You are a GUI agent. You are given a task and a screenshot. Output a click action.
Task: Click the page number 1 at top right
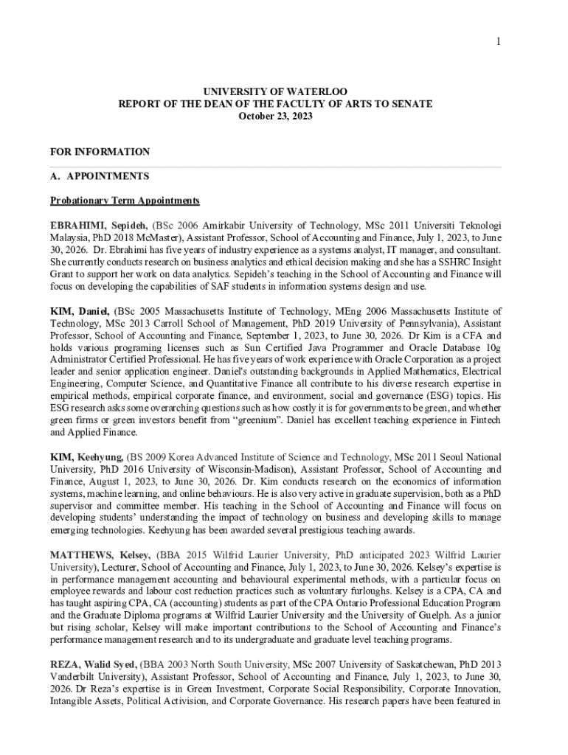click(x=498, y=42)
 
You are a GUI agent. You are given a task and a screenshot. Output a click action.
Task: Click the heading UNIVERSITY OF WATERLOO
click(x=275, y=91)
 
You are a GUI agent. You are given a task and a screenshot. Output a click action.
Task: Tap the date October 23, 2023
click(x=275, y=116)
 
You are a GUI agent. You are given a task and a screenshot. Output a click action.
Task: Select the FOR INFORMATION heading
click(x=100, y=152)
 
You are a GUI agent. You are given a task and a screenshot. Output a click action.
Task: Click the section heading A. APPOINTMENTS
click(x=100, y=176)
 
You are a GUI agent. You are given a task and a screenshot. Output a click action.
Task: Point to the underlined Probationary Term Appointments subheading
click(x=125, y=201)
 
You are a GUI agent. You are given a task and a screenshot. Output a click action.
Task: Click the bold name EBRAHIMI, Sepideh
click(x=99, y=225)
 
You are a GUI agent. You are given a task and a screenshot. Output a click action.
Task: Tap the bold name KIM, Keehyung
click(x=88, y=457)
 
